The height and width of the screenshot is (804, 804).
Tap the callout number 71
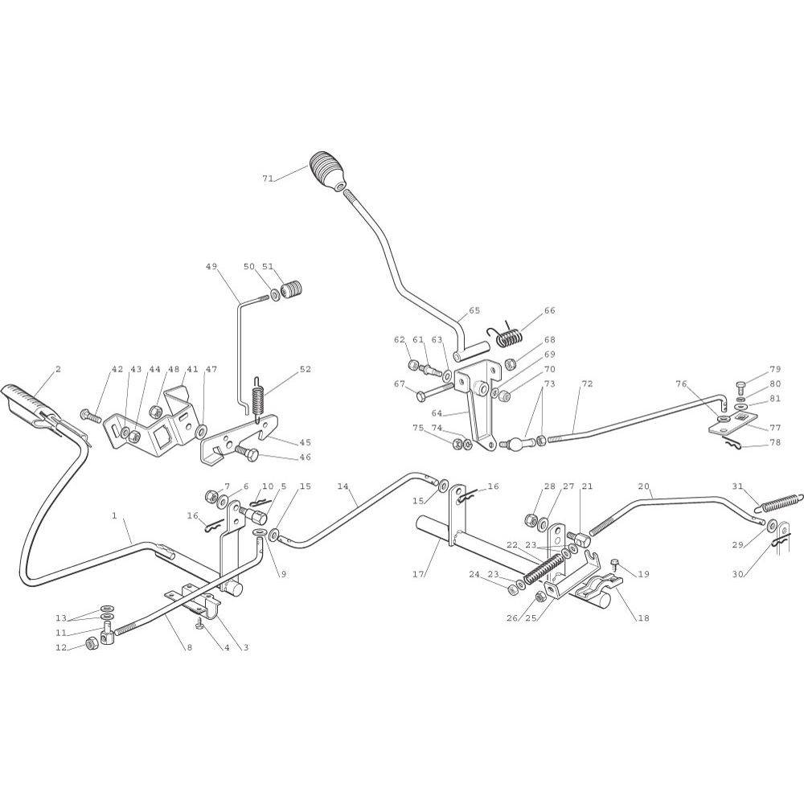[268, 178]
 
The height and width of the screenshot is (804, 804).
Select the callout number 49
[211, 266]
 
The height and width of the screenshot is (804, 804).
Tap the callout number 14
[343, 486]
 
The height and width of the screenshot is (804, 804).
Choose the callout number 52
[305, 369]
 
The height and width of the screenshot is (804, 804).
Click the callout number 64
[437, 413]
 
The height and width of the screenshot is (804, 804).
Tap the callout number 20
[643, 486]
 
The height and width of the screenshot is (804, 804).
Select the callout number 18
[643, 618]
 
